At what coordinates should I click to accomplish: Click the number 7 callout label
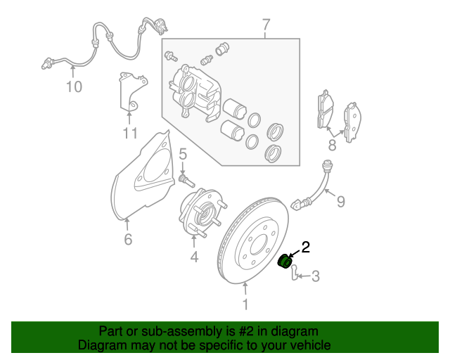coord(266,26)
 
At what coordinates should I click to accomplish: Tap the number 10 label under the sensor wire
coord(74,87)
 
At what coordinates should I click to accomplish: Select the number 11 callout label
coord(129,134)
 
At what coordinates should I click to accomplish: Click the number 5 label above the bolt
coord(181,154)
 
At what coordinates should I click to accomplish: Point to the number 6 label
coord(127,240)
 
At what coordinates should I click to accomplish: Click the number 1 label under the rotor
coord(245,304)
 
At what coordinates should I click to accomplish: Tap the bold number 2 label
coord(305,247)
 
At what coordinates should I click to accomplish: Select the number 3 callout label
coord(315,276)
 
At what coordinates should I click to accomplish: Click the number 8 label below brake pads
coord(332,146)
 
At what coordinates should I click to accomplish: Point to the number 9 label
coord(340,202)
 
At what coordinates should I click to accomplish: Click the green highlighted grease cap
coord(285,262)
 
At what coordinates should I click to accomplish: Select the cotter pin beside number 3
coord(295,271)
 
